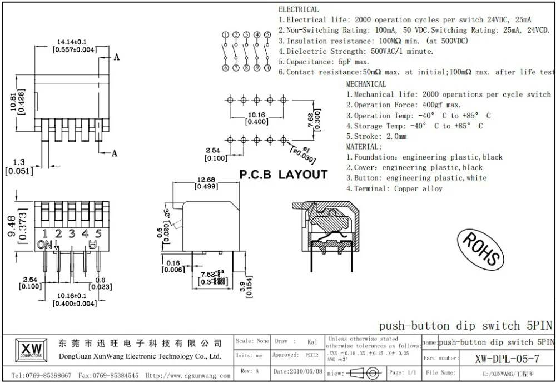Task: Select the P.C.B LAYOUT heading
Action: pos(283,175)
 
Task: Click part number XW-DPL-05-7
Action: pos(507,358)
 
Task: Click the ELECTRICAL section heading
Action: pos(299,9)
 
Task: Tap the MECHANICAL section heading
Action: pos(366,84)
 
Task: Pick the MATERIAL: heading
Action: pos(364,147)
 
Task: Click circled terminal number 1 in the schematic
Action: pos(225,35)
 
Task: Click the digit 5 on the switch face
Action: pos(98,233)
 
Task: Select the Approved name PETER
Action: pos(312,355)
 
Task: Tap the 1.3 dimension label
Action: pos(19,162)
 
